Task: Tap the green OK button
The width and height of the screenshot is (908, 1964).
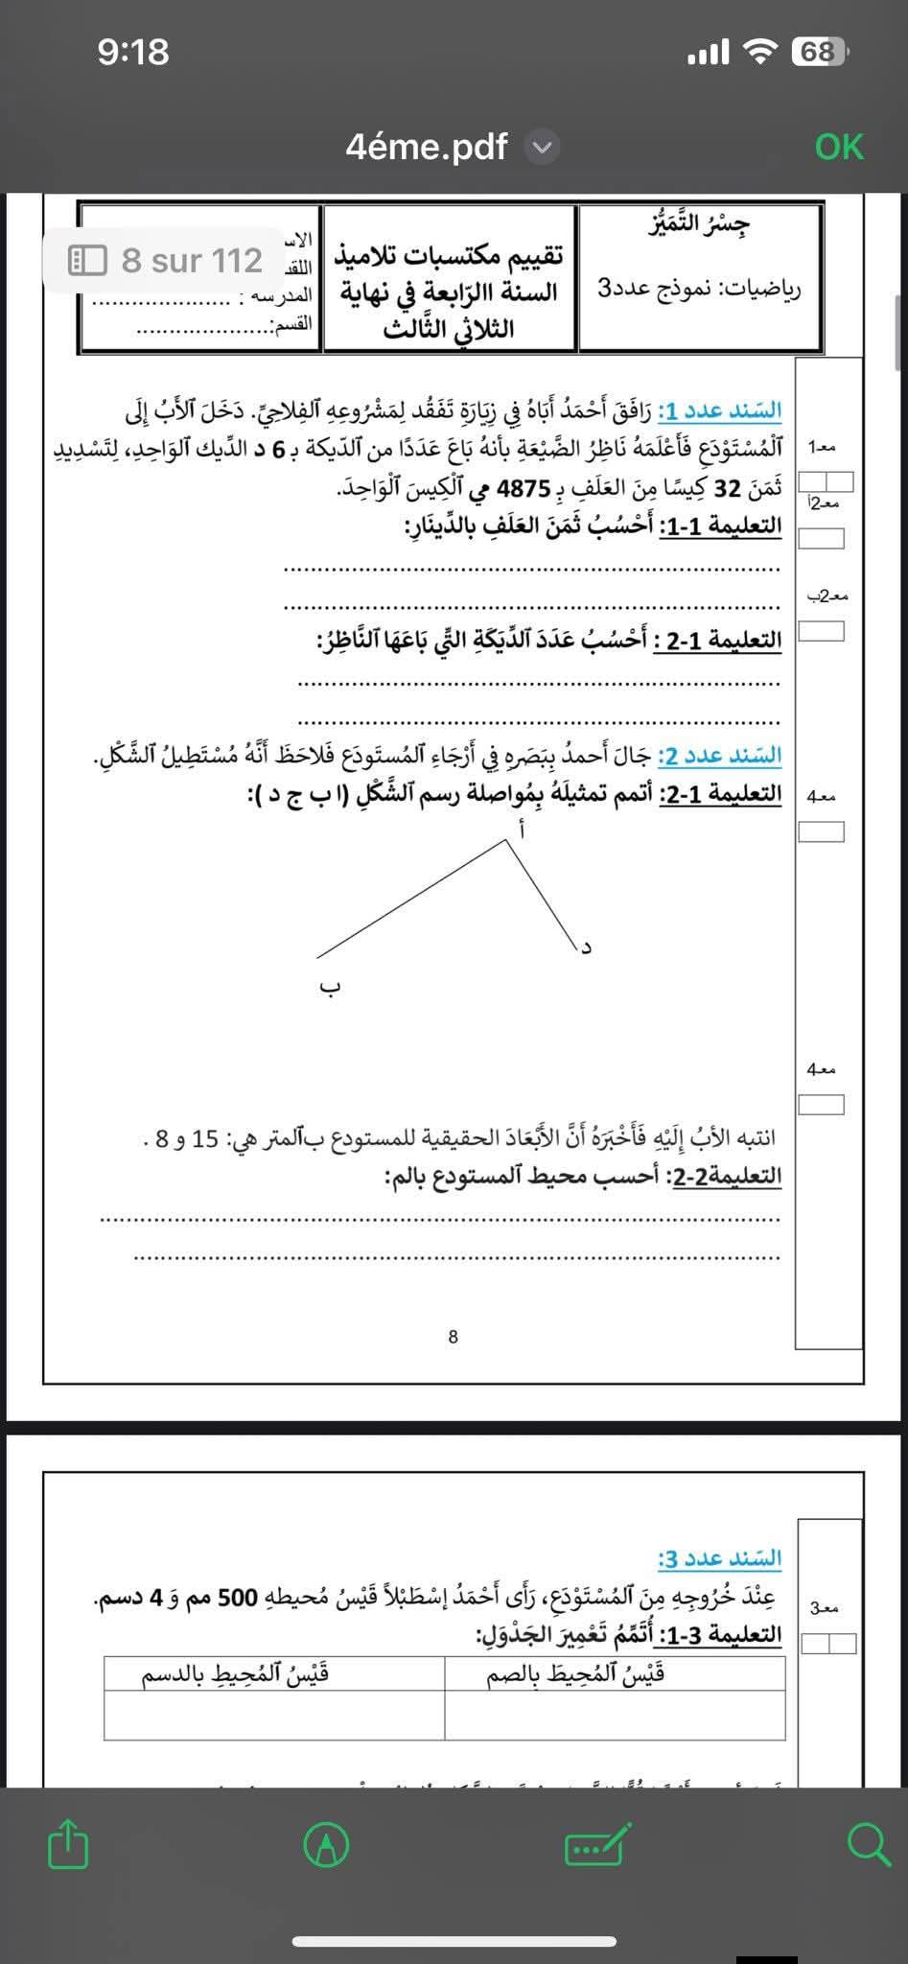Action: point(839,147)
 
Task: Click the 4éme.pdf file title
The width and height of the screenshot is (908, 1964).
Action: point(427,147)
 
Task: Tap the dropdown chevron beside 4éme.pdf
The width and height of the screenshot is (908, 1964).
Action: point(542,148)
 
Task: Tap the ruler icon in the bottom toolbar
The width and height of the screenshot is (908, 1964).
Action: point(599,1845)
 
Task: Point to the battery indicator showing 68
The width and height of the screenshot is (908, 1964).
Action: point(818,52)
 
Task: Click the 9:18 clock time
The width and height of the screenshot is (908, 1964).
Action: point(133,52)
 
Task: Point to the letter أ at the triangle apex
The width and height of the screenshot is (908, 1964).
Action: point(520,830)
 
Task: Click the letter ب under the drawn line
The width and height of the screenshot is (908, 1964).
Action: point(329,988)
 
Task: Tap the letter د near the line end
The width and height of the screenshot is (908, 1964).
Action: point(587,947)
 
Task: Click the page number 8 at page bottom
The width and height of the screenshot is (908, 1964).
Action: point(453,1336)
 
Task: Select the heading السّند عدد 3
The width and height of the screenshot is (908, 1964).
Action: point(720,1557)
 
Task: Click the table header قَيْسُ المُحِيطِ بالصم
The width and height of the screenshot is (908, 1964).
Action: point(576,1673)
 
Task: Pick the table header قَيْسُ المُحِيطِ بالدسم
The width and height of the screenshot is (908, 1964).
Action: point(236,1673)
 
